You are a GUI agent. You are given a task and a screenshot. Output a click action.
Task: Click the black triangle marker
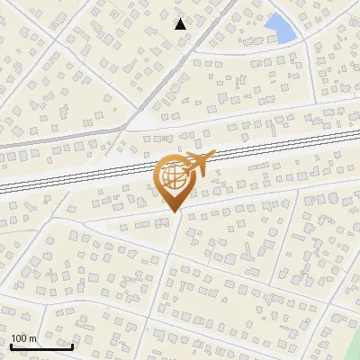(x=181, y=23)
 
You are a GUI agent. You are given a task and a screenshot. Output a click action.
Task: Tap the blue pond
(x=282, y=29)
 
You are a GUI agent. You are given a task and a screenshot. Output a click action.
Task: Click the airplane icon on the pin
(x=198, y=165)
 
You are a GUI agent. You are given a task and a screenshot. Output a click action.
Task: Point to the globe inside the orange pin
(x=172, y=177)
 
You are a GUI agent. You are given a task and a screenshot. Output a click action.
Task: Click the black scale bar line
(x=41, y=346)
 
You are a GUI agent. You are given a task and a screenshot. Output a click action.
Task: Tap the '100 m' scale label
(x=23, y=338)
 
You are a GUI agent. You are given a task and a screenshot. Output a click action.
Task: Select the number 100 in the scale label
(x=20, y=338)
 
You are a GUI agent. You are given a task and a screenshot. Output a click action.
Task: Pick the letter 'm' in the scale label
(x=32, y=338)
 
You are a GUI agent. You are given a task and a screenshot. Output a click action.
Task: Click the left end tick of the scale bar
(x=10, y=344)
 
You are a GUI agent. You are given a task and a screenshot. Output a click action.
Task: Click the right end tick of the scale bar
(x=73, y=344)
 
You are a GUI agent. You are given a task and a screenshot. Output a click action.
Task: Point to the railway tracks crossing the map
(x=90, y=173)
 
